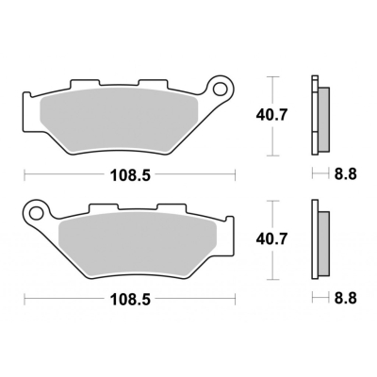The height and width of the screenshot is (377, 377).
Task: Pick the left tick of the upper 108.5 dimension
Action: pyautogui.click(x=25, y=174)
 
